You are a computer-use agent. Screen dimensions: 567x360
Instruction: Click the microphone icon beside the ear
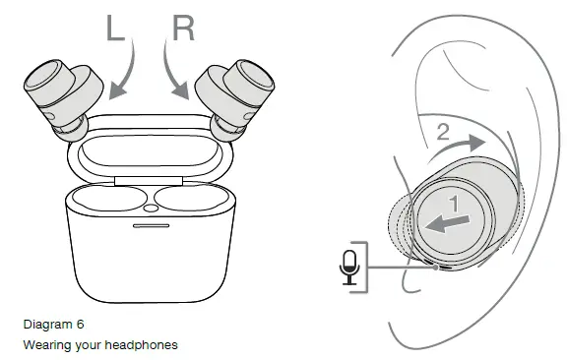pos(349,266)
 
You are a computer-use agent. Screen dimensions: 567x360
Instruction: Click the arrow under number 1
pos(447,223)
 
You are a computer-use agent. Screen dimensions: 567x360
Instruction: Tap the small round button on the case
pos(150,209)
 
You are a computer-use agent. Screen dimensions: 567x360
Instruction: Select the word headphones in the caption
pos(143,345)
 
